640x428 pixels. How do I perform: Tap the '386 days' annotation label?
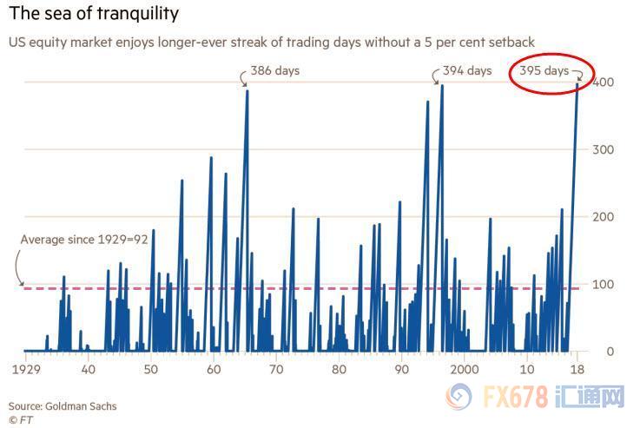coord(275,70)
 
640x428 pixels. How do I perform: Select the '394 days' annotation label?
coord(467,70)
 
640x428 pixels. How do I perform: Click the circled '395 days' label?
coord(544,70)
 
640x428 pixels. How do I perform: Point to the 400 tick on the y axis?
coord(604,82)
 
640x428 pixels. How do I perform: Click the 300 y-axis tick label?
coord(604,150)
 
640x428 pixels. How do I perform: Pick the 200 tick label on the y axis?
coord(604,217)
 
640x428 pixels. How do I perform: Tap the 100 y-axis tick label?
coord(604,285)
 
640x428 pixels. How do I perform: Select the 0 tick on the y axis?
coord(611,352)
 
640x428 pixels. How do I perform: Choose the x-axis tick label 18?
coord(575,368)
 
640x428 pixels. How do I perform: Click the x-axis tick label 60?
coord(213,368)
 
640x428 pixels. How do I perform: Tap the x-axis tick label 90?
coord(401,368)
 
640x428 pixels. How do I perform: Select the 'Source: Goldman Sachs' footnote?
coord(63,405)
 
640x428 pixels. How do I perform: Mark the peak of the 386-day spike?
coord(247,90)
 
